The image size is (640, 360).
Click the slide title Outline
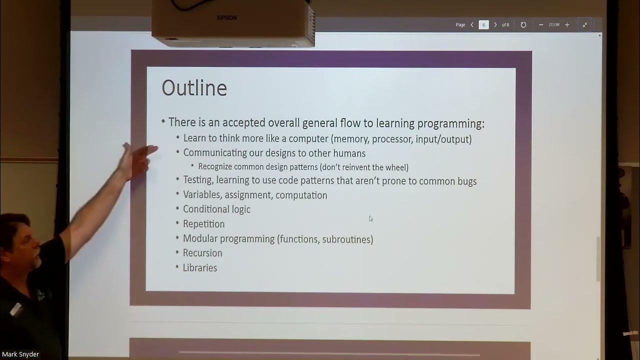click(x=194, y=88)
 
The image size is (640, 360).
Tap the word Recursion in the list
click(x=202, y=253)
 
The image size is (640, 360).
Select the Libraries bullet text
click(x=200, y=267)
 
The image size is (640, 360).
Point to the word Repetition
click(x=203, y=223)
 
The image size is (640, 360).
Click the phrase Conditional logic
click(x=216, y=209)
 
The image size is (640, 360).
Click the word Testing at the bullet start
click(x=197, y=180)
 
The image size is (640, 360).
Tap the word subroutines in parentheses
click(x=346, y=239)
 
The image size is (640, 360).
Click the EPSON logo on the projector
click(x=227, y=18)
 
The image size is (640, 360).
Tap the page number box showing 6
click(x=483, y=24)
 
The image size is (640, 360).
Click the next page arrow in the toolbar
click(x=495, y=24)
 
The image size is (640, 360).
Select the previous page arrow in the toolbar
click(x=472, y=24)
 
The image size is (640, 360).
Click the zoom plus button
click(x=567, y=24)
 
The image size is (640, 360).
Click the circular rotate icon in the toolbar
click(x=523, y=24)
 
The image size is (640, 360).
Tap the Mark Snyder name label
click(x=20, y=354)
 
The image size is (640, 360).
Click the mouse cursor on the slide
click(x=370, y=218)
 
